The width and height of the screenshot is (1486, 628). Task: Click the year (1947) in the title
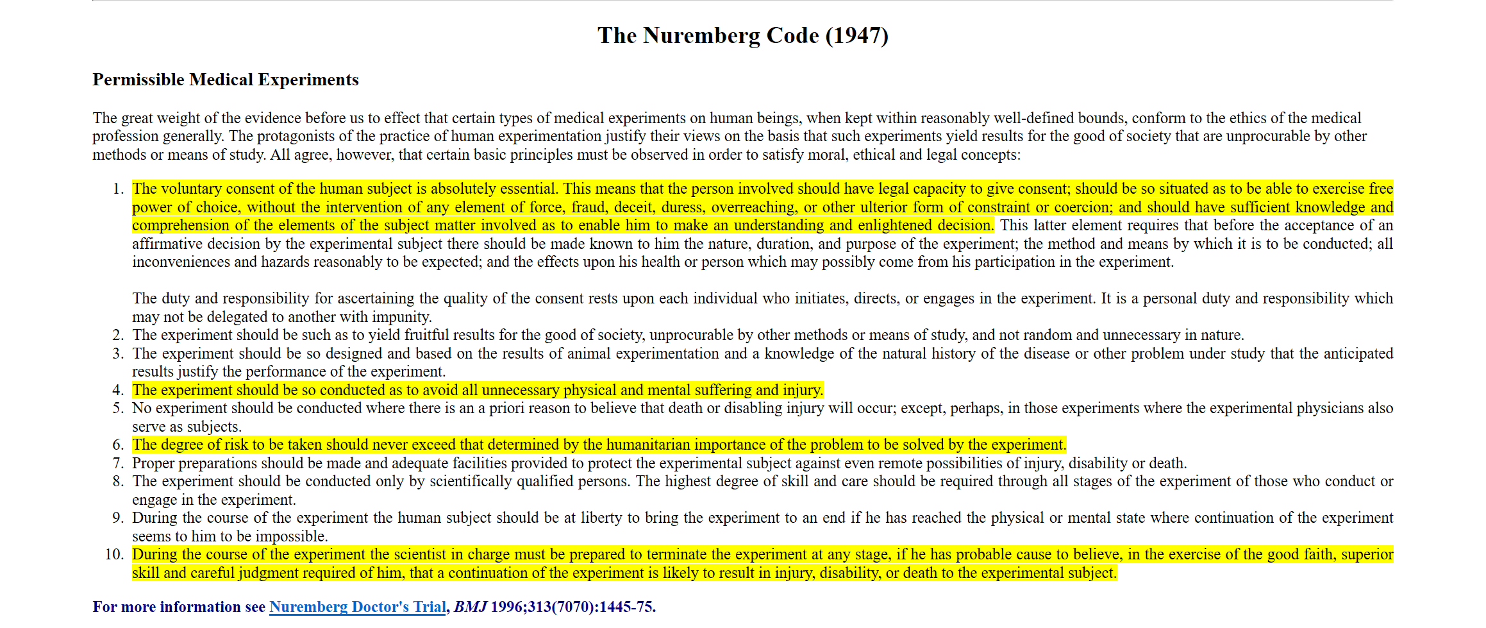tap(856, 36)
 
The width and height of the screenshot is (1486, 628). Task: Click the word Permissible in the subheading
tap(138, 80)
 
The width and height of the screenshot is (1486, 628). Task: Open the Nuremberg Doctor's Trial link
tap(357, 607)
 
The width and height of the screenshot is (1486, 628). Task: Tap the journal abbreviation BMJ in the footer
tap(470, 607)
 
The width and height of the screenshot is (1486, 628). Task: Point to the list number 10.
tap(114, 554)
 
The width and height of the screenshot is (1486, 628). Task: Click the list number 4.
tap(118, 390)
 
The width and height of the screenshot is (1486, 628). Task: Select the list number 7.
tap(118, 463)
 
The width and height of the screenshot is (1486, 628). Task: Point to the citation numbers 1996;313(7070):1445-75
tap(573, 607)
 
